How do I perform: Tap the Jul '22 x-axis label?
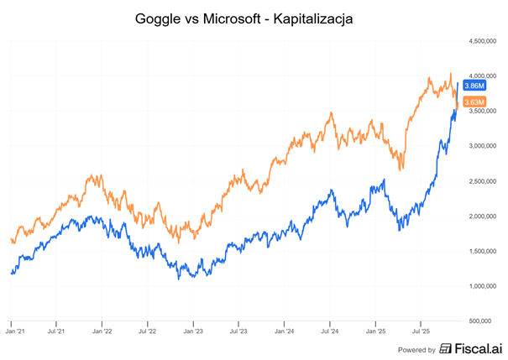point(148,331)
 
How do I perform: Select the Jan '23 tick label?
point(193,331)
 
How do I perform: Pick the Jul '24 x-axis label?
point(330,331)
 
